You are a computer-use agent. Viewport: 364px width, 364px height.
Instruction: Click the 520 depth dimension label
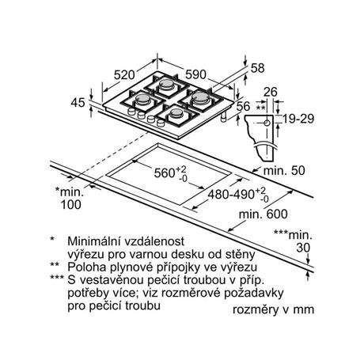124,75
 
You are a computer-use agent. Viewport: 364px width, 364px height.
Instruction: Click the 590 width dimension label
195,74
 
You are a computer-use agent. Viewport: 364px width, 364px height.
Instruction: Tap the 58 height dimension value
257,68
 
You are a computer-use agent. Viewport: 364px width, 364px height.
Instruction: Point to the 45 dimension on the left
78,103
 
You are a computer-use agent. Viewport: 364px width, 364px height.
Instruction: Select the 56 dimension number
243,106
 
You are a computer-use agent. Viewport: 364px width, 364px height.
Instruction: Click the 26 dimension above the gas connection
271,92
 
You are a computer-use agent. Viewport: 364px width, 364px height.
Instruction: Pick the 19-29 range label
298,119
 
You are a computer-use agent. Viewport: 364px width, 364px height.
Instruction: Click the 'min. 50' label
284,170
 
